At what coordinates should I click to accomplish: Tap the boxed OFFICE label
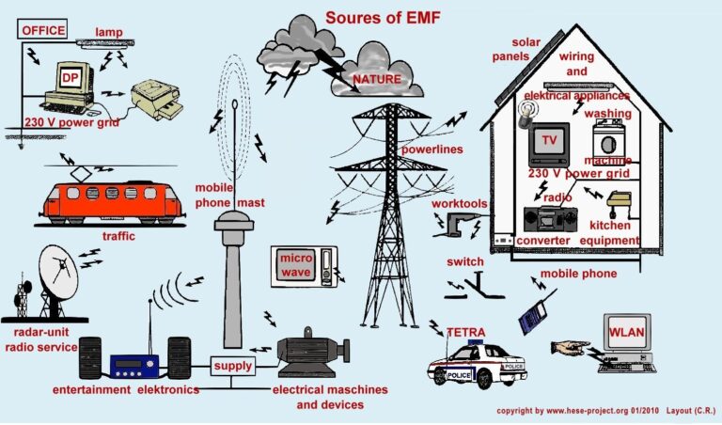pyautogui.click(x=43, y=30)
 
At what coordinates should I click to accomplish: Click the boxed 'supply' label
pyautogui.click(x=232, y=365)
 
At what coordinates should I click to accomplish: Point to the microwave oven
pyautogui.click(x=304, y=266)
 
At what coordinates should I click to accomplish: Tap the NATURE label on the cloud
pyautogui.click(x=376, y=79)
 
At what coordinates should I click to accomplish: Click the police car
pyautogui.click(x=478, y=367)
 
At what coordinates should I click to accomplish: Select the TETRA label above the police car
pyautogui.click(x=465, y=332)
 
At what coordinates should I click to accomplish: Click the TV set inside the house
pyautogui.click(x=550, y=143)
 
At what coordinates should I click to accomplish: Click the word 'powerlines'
pyautogui.click(x=433, y=150)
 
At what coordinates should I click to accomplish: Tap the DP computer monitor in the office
pyautogui.click(x=69, y=79)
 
